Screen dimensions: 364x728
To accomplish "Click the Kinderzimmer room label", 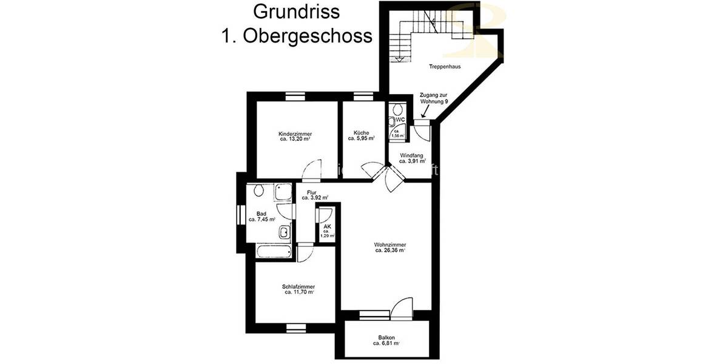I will (x=295, y=133).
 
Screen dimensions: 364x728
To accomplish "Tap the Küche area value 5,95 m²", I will (x=362, y=139).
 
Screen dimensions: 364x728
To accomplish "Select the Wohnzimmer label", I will (x=390, y=244).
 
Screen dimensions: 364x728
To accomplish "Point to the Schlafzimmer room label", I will (x=298, y=286).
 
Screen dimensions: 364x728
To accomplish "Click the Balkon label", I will (x=386, y=337).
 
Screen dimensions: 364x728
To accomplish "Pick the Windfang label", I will (x=412, y=155).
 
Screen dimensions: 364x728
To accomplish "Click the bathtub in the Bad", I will (x=274, y=252).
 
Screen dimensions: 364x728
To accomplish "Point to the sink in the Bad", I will (x=284, y=232).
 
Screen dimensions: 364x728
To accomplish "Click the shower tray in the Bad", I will (x=283, y=193).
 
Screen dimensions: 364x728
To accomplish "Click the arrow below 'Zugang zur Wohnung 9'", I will (x=423, y=112).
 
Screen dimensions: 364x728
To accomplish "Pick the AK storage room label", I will (x=327, y=226).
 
